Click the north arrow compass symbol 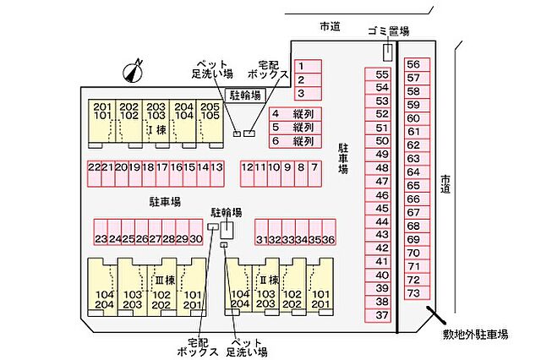coord(133,71)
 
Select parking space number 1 coord(308,66)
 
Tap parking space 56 coord(417,64)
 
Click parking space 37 coord(378,315)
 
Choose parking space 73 coord(417,293)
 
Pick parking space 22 coord(94,173)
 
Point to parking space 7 coord(314,173)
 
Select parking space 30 coord(195,232)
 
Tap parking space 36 coord(329,232)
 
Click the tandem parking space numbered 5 coord(295,128)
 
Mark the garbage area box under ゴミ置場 coord(387,52)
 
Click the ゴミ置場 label coord(389,31)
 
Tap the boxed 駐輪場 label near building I coord(245,95)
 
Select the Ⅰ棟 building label coord(157,130)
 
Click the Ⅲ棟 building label coord(165,280)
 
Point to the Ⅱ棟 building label coord(269,280)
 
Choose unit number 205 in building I coord(210,106)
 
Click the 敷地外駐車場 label coord(475,334)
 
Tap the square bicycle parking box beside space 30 coord(227,230)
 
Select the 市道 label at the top coord(330,26)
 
